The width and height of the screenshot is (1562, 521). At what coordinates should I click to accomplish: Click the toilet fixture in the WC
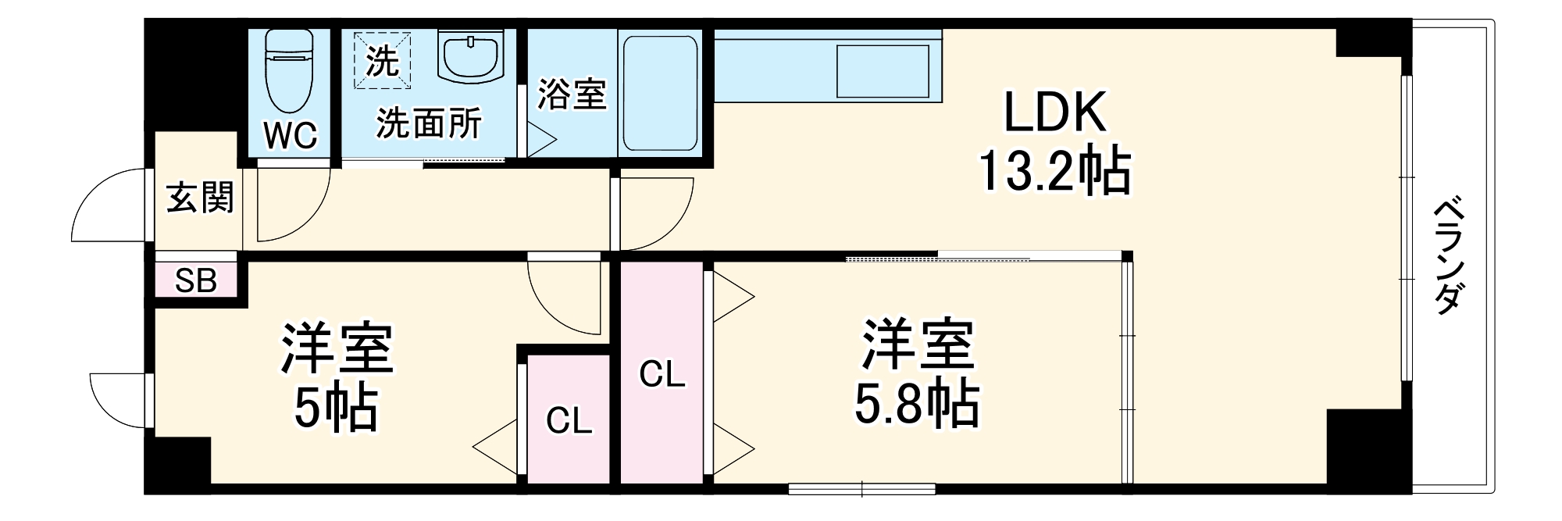point(289,74)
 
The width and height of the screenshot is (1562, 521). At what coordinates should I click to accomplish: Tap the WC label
point(290,136)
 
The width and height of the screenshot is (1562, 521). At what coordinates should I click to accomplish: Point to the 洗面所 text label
point(429,123)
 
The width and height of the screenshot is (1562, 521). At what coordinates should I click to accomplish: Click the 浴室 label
point(572,95)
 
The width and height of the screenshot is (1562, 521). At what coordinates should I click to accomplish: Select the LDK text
point(1054,114)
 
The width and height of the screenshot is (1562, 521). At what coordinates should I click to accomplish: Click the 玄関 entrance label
point(200,197)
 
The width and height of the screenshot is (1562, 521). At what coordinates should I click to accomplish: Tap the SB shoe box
point(195,280)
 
